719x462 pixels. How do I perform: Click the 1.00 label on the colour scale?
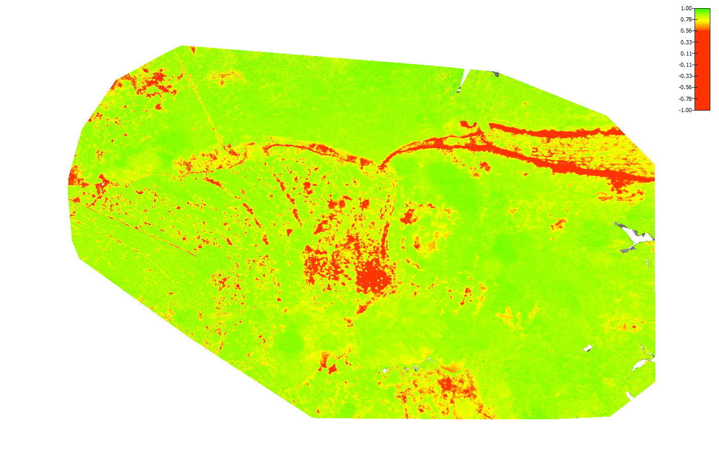coord(686,8)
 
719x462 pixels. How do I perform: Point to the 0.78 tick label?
coord(686,19)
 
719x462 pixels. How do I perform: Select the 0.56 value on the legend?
coord(686,31)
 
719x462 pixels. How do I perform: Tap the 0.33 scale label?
coord(686,42)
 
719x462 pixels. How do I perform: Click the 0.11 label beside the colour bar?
coord(686,53)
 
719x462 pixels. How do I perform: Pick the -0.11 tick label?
coord(685,65)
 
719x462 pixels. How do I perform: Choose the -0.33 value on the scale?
coord(685,76)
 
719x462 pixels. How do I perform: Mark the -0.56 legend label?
coord(685,87)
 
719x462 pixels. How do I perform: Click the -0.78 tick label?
coord(685,99)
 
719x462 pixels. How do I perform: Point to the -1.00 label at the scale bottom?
coord(685,110)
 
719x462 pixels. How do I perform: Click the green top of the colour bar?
coord(702,12)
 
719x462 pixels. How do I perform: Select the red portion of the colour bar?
coord(702,71)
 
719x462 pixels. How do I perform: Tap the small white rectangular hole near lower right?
coord(588,348)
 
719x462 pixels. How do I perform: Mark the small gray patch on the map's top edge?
coord(495,74)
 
